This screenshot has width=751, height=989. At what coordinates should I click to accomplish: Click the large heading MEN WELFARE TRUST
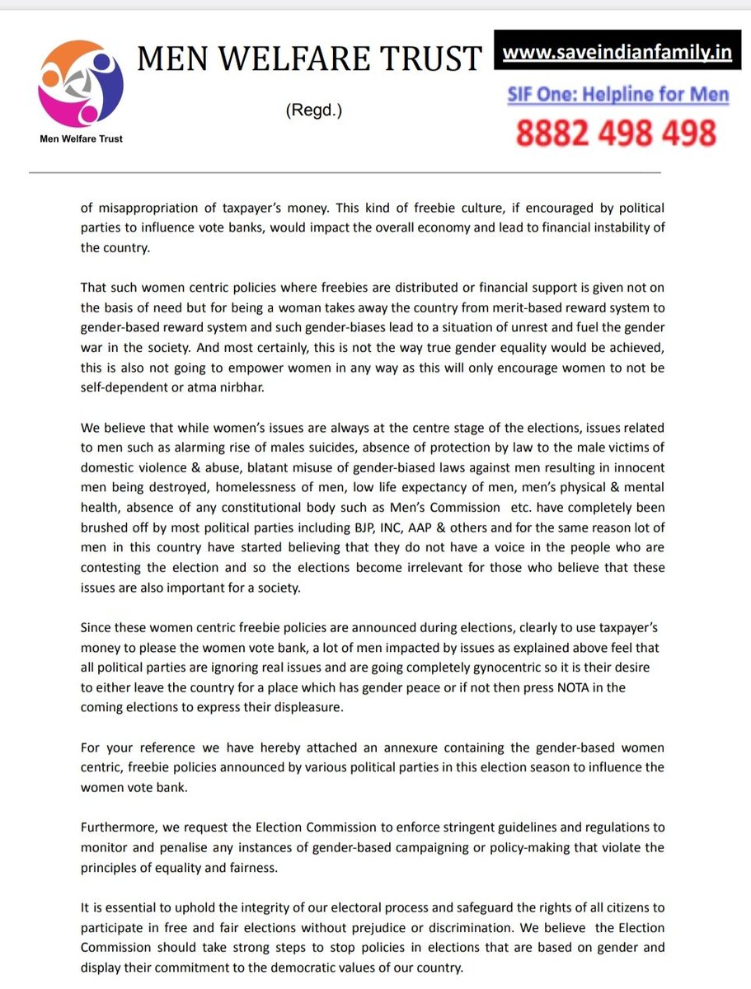pyautogui.click(x=309, y=59)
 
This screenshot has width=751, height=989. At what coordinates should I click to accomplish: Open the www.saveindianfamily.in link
pyautogui.click(x=617, y=53)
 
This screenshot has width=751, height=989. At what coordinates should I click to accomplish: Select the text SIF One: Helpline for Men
pyautogui.click(x=618, y=95)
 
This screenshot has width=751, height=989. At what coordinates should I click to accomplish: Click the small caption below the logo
pyautogui.click(x=81, y=138)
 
